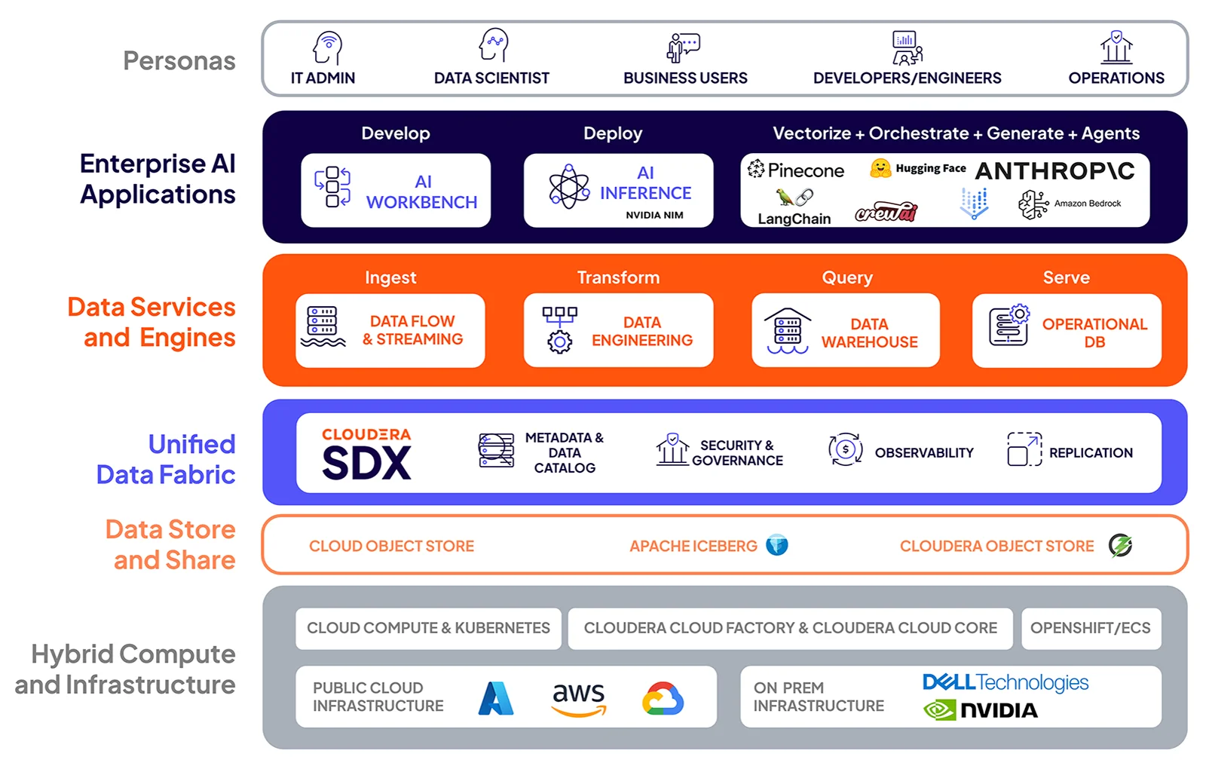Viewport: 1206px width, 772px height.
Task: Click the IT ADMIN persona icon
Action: click(328, 47)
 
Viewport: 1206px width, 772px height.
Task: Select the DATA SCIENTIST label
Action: click(491, 78)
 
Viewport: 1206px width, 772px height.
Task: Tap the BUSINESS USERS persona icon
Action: click(683, 47)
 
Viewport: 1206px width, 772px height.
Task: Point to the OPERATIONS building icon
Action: click(1116, 47)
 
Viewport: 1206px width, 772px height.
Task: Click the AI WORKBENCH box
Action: click(396, 191)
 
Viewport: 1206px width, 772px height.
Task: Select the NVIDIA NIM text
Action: click(654, 215)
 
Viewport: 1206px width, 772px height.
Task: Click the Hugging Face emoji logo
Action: click(880, 168)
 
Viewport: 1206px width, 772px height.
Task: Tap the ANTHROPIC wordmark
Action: click(1054, 171)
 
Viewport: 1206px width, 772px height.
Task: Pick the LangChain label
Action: click(794, 219)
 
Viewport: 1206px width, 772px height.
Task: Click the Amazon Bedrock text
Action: click(1087, 204)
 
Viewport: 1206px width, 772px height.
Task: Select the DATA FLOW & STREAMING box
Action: click(390, 330)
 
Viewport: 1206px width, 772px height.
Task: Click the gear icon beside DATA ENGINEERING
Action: click(559, 342)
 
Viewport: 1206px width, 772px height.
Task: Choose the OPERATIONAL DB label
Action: click(1094, 332)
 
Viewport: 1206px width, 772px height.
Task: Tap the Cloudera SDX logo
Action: click(366, 454)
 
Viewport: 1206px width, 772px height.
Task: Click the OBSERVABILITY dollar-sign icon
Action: click(845, 450)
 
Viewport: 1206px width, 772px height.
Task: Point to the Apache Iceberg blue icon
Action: click(776, 545)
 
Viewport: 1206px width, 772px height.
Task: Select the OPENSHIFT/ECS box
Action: click(1090, 628)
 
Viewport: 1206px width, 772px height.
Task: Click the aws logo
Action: click(578, 698)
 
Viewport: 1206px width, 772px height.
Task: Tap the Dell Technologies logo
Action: click(1005, 682)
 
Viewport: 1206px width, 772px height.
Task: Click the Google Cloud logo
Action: click(663, 699)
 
